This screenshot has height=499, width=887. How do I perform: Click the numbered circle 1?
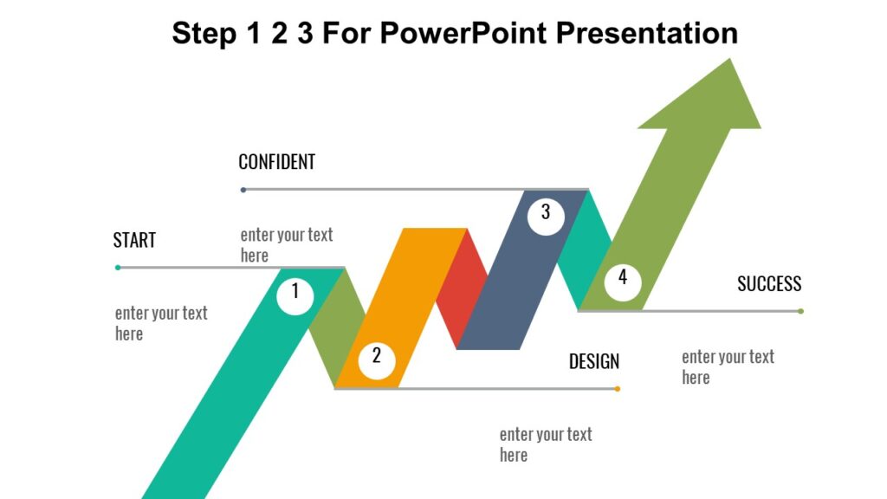295,293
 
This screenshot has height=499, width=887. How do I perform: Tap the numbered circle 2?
376,356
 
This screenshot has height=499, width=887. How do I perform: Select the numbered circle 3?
546,212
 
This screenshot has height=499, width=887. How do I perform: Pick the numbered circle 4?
622,279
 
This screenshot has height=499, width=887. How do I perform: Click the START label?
134,241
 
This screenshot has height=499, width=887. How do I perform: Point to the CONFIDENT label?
276,162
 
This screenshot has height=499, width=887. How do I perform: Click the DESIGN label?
594,362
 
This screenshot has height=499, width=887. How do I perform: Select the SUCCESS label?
769,284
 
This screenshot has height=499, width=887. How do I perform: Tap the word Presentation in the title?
646,33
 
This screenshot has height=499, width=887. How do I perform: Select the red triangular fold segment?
459,290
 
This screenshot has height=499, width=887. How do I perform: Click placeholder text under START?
161,323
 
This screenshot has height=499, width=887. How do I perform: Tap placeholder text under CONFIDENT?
286,245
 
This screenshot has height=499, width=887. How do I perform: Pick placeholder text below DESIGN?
546,444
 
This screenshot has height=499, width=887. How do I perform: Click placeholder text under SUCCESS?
728,366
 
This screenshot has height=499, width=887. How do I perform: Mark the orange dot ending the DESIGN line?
618,389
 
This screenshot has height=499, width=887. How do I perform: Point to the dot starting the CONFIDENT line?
243,190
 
